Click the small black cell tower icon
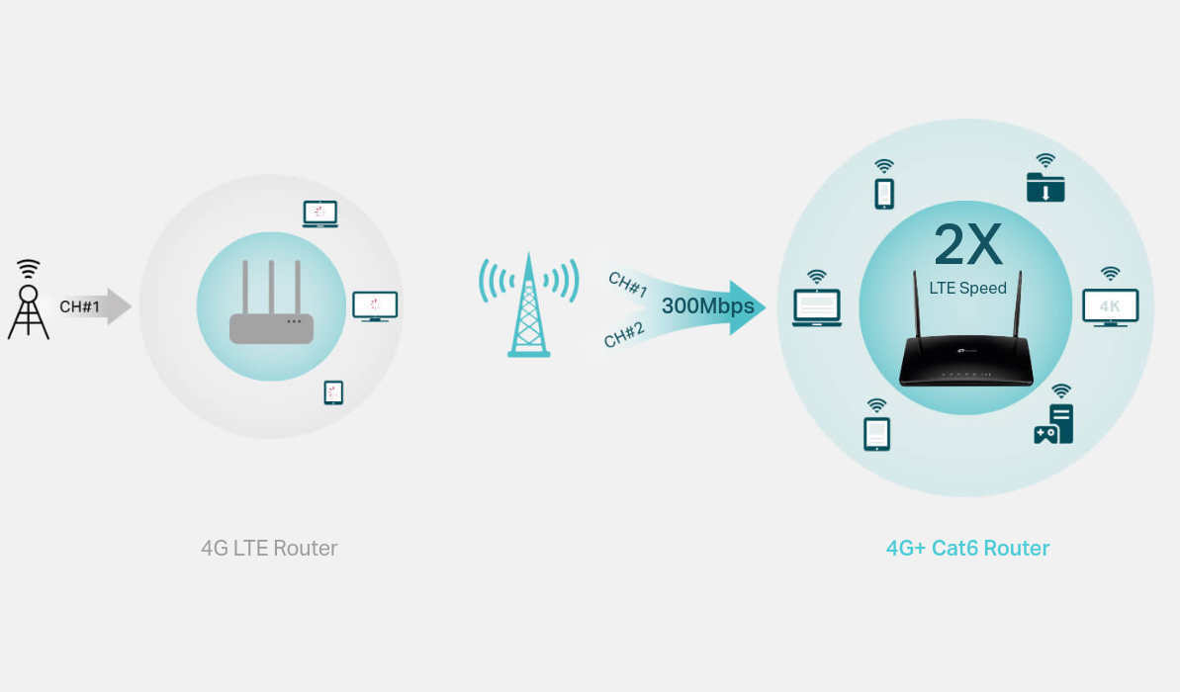coord(29,301)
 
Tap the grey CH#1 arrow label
coord(80,306)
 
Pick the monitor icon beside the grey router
coord(375,306)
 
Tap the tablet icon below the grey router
coord(333,392)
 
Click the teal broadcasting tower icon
coord(529,304)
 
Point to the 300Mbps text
coord(707,306)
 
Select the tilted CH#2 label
coord(624,335)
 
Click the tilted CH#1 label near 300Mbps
coord(628,285)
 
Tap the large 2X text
coord(967,244)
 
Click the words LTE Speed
coord(967,288)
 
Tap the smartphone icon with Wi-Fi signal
coord(884,184)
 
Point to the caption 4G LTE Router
coord(269,549)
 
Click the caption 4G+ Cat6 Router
coord(967,549)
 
